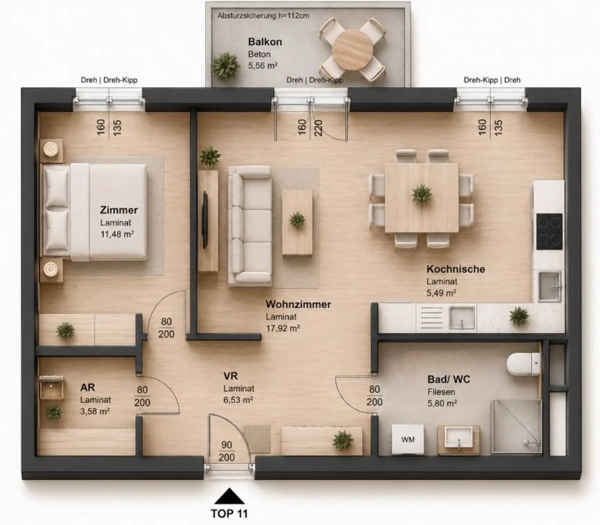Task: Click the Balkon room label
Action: (x=265, y=42)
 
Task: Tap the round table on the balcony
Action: (x=353, y=50)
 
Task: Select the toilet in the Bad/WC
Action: (x=523, y=364)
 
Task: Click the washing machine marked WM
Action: (x=408, y=439)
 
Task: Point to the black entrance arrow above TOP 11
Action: (x=229, y=496)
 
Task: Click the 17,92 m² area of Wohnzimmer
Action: (x=283, y=329)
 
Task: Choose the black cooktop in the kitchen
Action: (x=549, y=232)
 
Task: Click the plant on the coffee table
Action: (x=297, y=220)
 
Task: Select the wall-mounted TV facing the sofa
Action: (x=205, y=220)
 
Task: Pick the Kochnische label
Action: (x=456, y=269)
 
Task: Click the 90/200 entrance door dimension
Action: (x=227, y=452)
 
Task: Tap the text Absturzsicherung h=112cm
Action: (x=263, y=16)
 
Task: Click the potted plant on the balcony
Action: (x=225, y=66)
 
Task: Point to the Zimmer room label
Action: (x=119, y=210)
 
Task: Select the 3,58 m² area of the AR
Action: (x=95, y=411)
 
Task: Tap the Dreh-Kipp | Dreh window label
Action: (x=492, y=80)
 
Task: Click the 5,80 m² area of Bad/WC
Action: (x=442, y=404)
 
